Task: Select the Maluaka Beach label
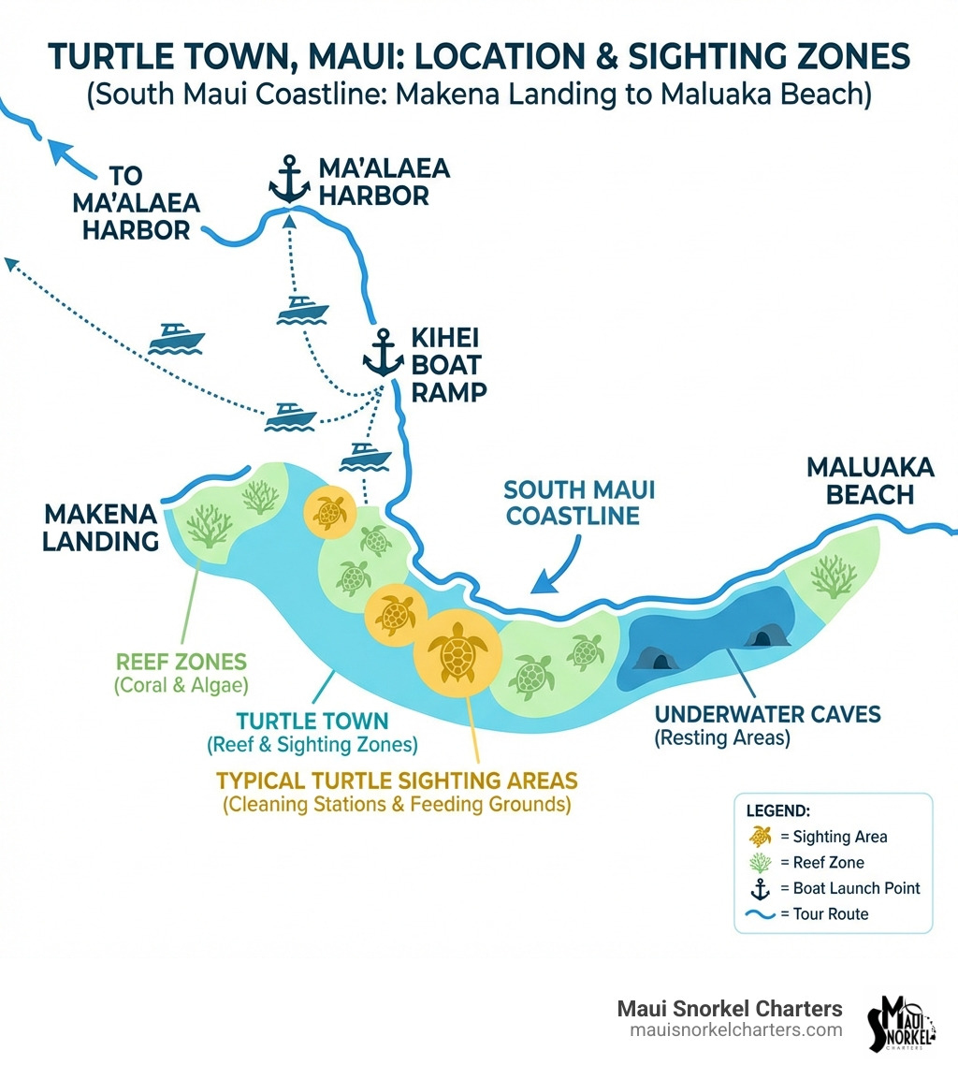click(x=858, y=480)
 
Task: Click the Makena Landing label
click(x=99, y=526)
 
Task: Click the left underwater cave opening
click(x=660, y=660)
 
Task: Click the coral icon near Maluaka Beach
click(x=834, y=575)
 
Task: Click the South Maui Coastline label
click(x=579, y=502)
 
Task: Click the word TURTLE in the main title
click(x=109, y=58)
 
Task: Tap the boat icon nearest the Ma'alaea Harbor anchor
click(x=303, y=308)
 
